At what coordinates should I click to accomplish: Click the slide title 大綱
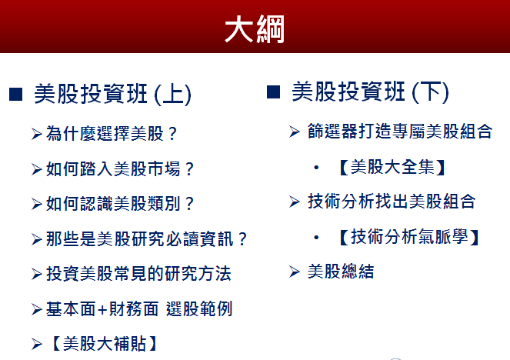pyautogui.click(x=255, y=29)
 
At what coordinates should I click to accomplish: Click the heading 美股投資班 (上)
pyautogui.click(x=112, y=94)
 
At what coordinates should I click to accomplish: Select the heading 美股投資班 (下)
pyautogui.click(x=370, y=92)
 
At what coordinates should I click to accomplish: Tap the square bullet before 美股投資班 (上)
pyautogui.click(x=15, y=94)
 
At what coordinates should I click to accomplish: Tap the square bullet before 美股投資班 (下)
pyautogui.click(x=273, y=92)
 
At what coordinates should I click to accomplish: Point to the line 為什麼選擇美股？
pyautogui.click(x=112, y=133)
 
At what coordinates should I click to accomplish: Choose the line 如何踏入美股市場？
pyautogui.click(x=120, y=168)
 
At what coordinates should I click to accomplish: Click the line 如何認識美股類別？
pyautogui.click(x=120, y=204)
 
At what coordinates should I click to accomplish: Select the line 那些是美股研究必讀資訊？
pyautogui.click(x=146, y=239)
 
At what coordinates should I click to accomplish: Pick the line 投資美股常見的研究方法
pyautogui.click(x=139, y=274)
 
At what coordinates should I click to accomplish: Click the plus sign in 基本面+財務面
pyautogui.click(x=102, y=309)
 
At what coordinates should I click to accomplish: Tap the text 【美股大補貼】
pyautogui.click(x=104, y=344)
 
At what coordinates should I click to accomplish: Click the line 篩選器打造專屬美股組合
pyautogui.click(x=400, y=131)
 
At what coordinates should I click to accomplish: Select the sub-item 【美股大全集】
pyautogui.click(x=392, y=167)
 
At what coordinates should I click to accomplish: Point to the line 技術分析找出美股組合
pyautogui.click(x=392, y=202)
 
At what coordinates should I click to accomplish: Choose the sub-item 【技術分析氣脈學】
pyautogui.click(x=408, y=237)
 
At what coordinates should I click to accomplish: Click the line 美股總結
pyautogui.click(x=341, y=272)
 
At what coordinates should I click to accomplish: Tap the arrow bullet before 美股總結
pyautogui.click(x=295, y=272)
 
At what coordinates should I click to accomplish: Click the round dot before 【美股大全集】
pyautogui.click(x=316, y=168)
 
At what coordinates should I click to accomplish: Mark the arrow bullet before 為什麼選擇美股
pyautogui.click(x=37, y=134)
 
